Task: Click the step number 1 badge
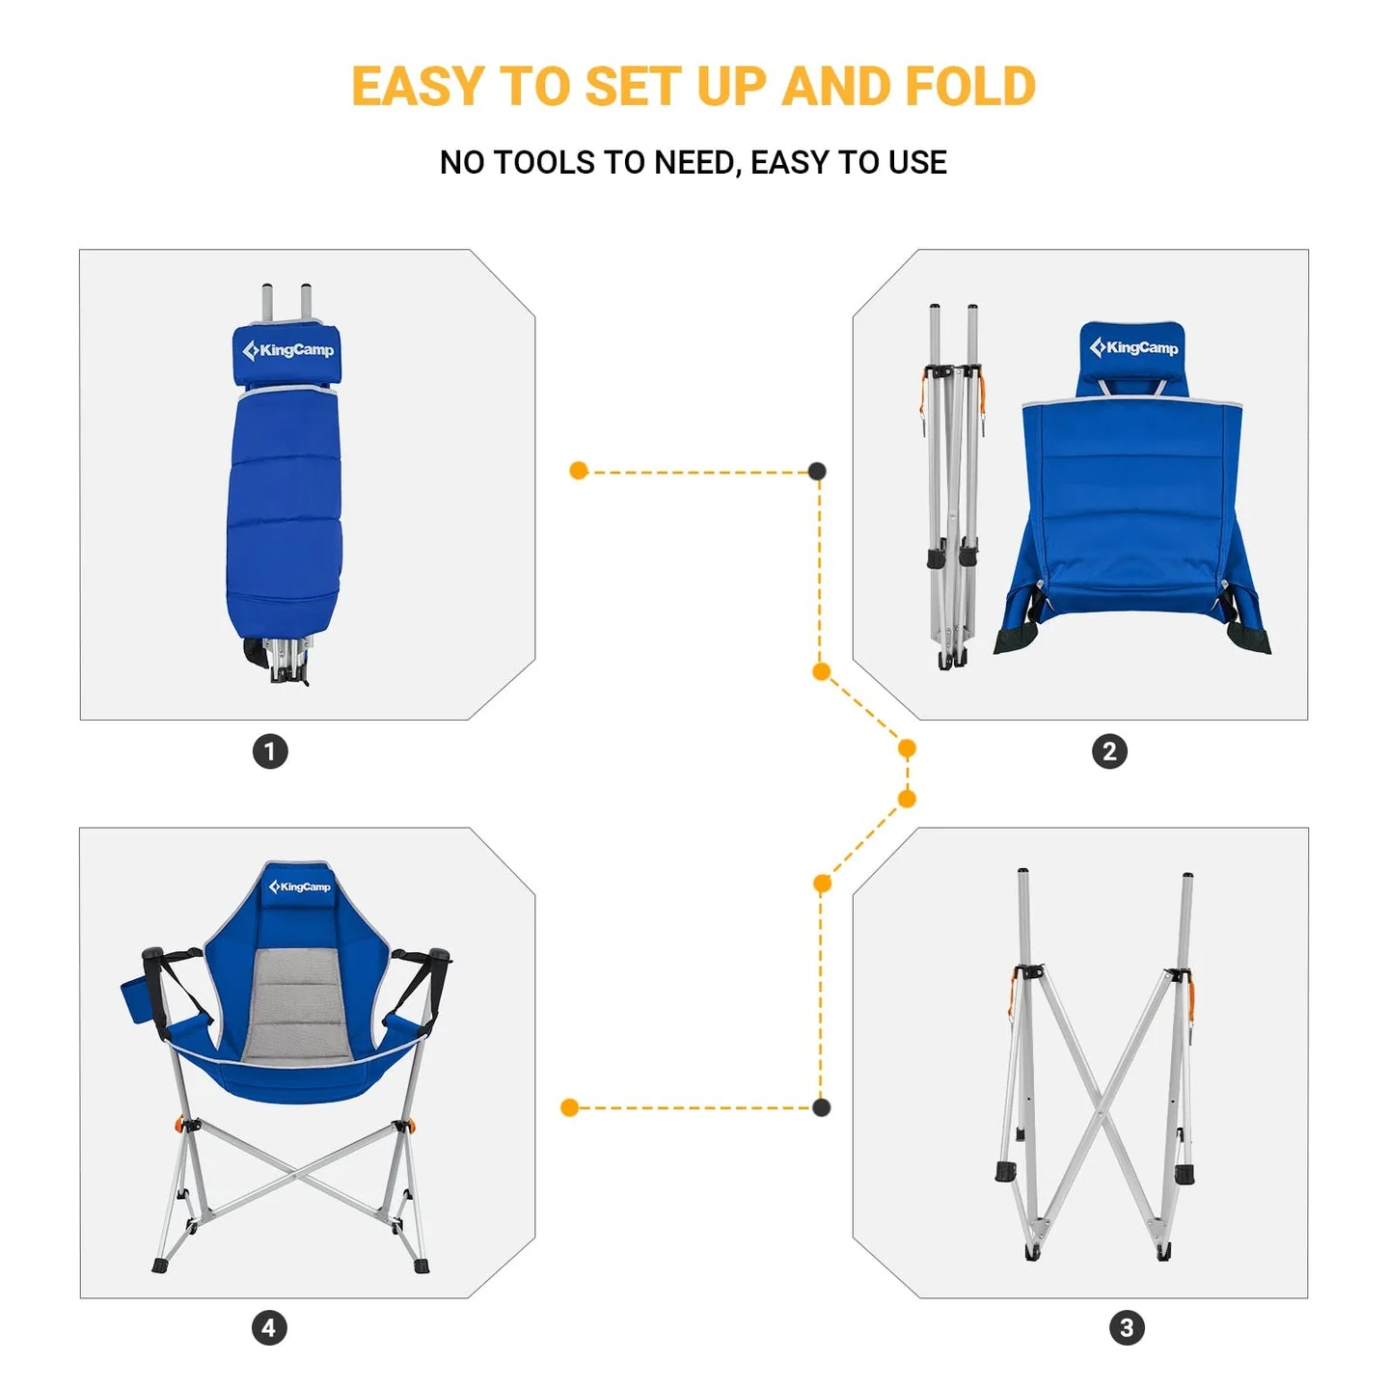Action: (270, 751)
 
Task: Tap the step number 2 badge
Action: (1109, 751)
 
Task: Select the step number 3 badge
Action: (1127, 1328)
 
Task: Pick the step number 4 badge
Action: (269, 1328)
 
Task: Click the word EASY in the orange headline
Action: (417, 87)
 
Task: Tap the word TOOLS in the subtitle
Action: (544, 163)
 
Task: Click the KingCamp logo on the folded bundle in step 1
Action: (287, 350)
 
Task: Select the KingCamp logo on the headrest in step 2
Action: (1133, 347)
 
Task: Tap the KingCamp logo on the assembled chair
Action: (299, 886)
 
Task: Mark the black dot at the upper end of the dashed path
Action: (817, 471)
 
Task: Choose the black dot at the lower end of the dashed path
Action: (821, 1107)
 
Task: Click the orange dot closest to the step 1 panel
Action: (579, 471)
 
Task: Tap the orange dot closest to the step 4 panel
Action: (569, 1107)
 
